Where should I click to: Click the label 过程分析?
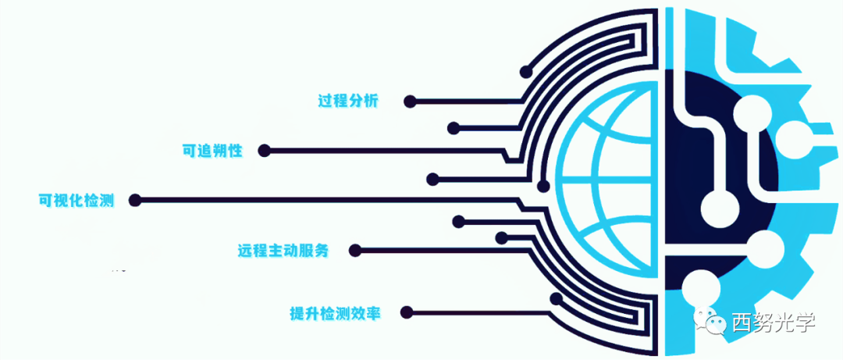pyautogui.click(x=347, y=101)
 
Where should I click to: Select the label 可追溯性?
pyautogui.click(x=212, y=150)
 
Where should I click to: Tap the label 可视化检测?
pyautogui.click(x=76, y=200)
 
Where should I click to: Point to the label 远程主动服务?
pyautogui.click(x=283, y=251)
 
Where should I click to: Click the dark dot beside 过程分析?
pyautogui.click(x=409, y=102)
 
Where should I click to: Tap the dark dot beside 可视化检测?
pyautogui.click(x=135, y=201)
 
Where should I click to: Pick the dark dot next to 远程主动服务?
pyautogui.click(x=355, y=251)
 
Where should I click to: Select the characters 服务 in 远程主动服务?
pyautogui.click(x=315, y=251)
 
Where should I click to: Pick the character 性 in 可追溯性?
pyautogui.click(x=235, y=150)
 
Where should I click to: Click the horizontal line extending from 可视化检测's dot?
pyautogui.click(x=328, y=201)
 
